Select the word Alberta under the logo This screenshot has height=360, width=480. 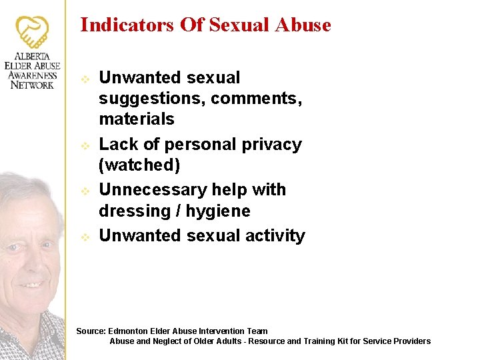tap(32, 57)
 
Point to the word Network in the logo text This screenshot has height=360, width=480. tap(32, 85)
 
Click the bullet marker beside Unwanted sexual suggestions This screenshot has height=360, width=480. tap(85, 79)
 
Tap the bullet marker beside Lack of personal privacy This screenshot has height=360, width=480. tap(85, 145)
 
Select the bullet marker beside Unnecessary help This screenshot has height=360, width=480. tap(85, 191)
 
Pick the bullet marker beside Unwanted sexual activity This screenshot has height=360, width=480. tap(85, 237)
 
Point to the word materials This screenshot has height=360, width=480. tap(137, 119)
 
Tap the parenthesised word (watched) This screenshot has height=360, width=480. tap(139, 165)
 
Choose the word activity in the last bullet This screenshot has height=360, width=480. tap(275, 236)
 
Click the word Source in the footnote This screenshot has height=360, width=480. tap(91, 331)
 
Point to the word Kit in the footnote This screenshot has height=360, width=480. tap(350, 341)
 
